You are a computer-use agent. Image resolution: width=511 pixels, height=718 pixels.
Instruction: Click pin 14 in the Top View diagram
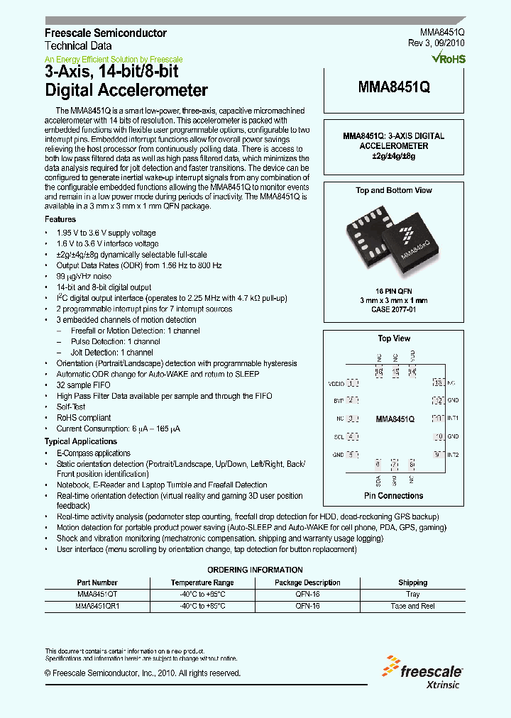coord(412,372)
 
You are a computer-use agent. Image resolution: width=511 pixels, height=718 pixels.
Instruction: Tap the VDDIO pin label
coord(335,383)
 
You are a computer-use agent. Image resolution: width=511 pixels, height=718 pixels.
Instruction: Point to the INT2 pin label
coord(453,454)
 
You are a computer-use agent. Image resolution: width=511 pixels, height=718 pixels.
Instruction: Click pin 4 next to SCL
coord(352,436)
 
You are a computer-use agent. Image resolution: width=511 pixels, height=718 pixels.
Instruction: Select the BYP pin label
coord(338,401)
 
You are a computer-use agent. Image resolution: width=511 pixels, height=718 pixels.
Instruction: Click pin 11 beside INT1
coord(439,419)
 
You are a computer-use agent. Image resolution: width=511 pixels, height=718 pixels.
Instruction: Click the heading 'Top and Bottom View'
coord(394,190)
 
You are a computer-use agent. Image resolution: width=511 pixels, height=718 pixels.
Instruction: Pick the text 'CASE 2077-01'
coord(394,309)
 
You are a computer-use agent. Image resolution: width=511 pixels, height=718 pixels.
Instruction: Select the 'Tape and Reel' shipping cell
coord(412,606)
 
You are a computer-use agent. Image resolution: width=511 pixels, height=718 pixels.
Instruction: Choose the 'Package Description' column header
coord(307,582)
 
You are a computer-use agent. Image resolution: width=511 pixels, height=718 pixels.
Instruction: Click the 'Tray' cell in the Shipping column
coord(412,594)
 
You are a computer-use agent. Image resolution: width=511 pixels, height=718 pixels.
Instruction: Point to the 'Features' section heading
coord(60,220)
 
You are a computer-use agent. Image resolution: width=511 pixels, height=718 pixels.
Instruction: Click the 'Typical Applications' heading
coord(81,441)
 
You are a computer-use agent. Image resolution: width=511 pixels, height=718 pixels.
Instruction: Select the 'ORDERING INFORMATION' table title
coord(255,570)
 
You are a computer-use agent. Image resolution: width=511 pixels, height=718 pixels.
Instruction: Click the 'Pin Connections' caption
coord(394,496)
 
